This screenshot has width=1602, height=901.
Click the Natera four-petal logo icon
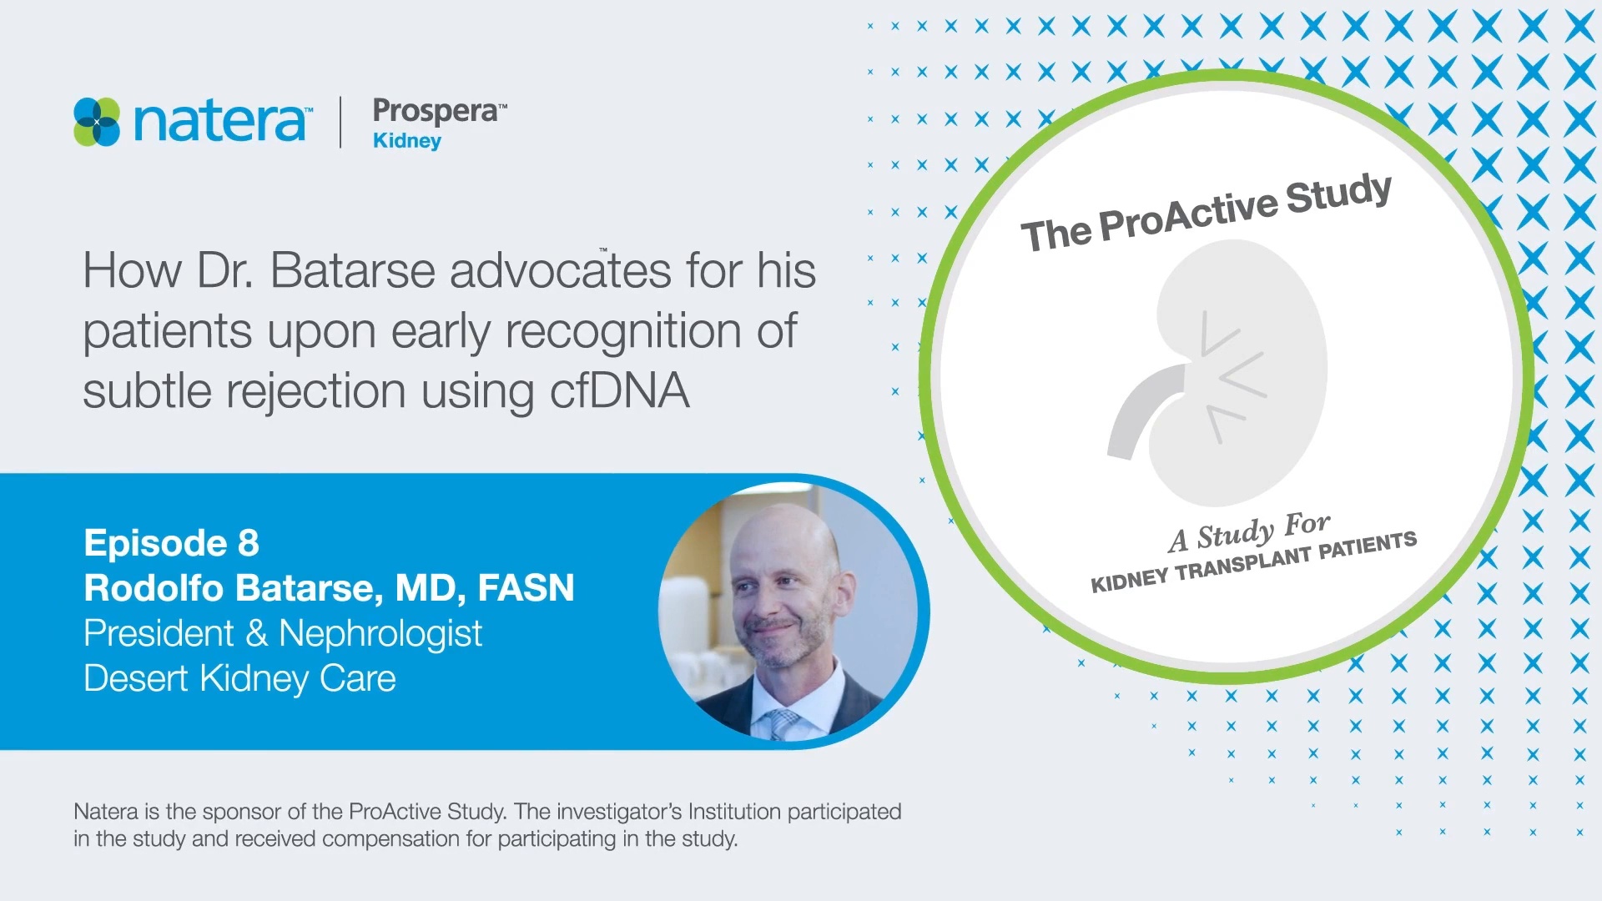97,122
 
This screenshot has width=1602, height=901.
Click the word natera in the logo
219,122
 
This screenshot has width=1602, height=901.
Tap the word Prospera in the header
434,111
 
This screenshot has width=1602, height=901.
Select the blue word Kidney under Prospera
407,141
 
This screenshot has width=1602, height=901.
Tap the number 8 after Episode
248,543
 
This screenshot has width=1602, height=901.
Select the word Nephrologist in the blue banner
380,634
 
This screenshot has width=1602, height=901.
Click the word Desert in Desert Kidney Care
136,679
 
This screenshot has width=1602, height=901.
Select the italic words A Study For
1248,532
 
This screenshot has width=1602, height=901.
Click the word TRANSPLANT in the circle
1243,564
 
